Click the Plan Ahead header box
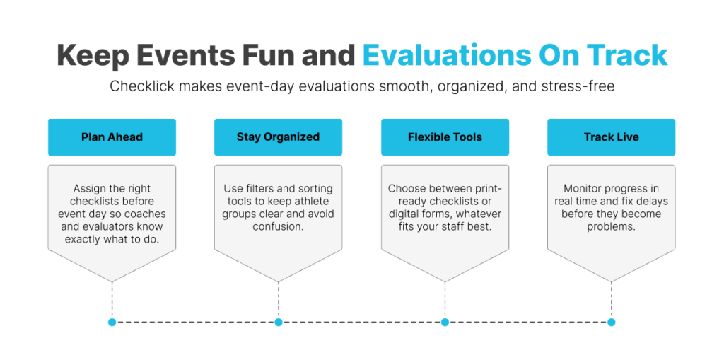point(112,137)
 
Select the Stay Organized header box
point(278,137)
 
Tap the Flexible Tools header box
point(445,137)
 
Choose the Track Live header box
point(612,137)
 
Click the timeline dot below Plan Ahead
point(112,322)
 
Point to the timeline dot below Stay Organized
point(279,322)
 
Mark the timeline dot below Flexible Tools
point(445,322)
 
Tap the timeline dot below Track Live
point(612,322)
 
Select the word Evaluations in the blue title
point(447,55)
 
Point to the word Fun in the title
point(270,55)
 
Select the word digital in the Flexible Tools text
point(405,214)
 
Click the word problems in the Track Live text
point(612,227)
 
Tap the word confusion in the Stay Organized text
point(276,227)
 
